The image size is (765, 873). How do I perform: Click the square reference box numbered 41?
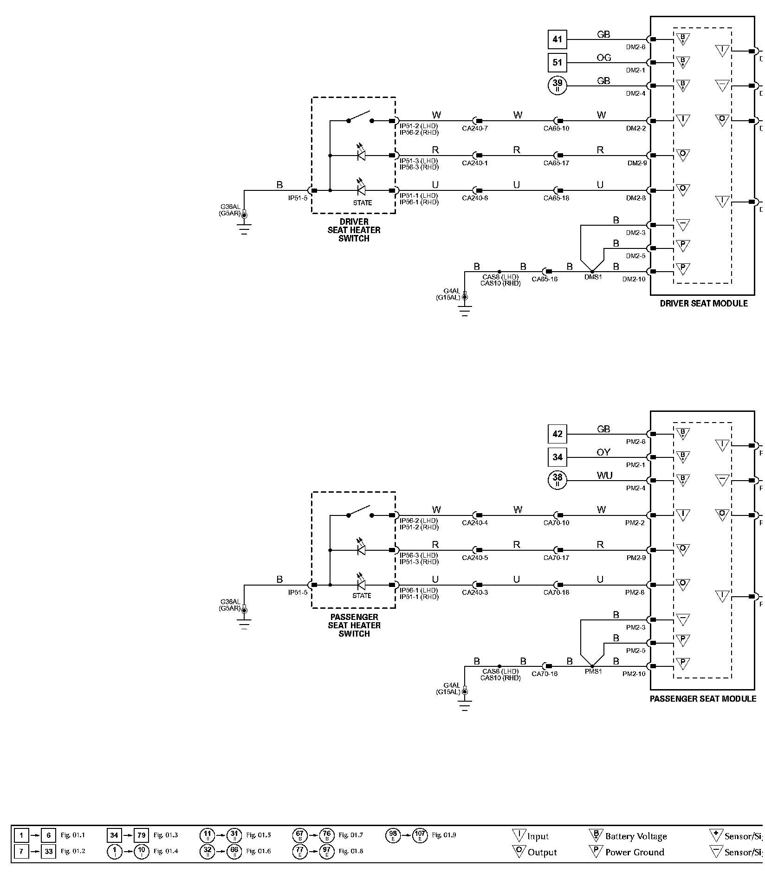pyautogui.click(x=558, y=39)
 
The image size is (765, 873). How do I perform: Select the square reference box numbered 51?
pyautogui.click(x=558, y=63)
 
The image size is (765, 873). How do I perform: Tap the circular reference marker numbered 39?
pyautogui.click(x=558, y=86)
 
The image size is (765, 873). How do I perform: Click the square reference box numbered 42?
pyautogui.click(x=558, y=434)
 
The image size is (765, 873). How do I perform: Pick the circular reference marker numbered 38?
pyautogui.click(x=558, y=480)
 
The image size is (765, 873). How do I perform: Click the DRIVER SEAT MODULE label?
pyautogui.click(x=704, y=304)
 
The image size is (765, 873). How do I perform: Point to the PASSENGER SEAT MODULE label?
pyautogui.click(x=703, y=699)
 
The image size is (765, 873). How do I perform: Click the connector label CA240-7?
pyautogui.click(x=475, y=129)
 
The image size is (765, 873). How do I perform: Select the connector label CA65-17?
pyautogui.click(x=556, y=163)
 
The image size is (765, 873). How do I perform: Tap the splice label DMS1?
pyautogui.click(x=593, y=277)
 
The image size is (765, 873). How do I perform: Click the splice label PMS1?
pyautogui.click(x=593, y=671)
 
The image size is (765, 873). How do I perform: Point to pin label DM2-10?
pyautogui.click(x=634, y=279)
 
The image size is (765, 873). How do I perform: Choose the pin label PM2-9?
pyautogui.click(x=635, y=558)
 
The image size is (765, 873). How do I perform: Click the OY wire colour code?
pyautogui.click(x=603, y=452)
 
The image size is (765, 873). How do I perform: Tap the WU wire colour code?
pyautogui.click(x=604, y=476)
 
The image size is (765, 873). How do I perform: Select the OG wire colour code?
pyautogui.click(x=603, y=58)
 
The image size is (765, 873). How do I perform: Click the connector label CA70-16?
pyautogui.click(x=545, y=674)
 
